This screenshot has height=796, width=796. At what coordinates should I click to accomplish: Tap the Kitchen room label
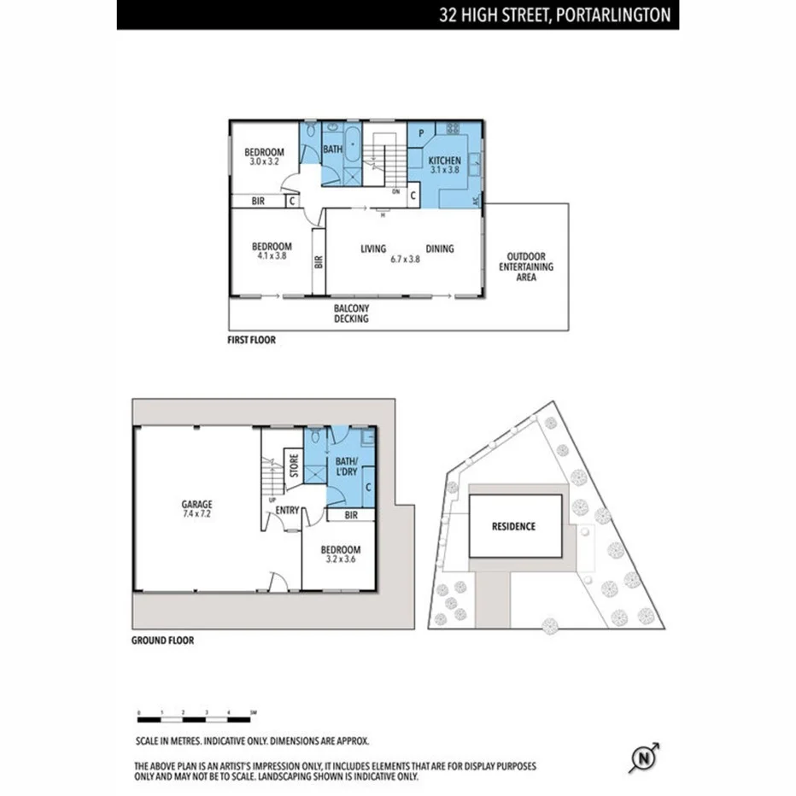444,165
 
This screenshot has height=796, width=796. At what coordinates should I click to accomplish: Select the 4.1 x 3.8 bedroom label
272,250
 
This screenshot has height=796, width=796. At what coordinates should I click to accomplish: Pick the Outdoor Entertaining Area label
527,266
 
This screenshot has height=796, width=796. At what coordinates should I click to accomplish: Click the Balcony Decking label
351,313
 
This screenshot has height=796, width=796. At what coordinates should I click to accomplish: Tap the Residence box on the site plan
515,526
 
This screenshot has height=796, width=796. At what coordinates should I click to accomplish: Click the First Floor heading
251,340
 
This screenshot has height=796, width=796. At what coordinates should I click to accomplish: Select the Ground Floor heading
162,641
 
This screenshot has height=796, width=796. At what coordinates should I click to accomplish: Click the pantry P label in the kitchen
422,133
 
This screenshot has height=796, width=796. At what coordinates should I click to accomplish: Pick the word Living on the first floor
373,249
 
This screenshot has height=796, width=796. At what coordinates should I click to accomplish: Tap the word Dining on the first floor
440,249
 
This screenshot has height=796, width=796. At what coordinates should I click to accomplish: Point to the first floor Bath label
332,149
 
